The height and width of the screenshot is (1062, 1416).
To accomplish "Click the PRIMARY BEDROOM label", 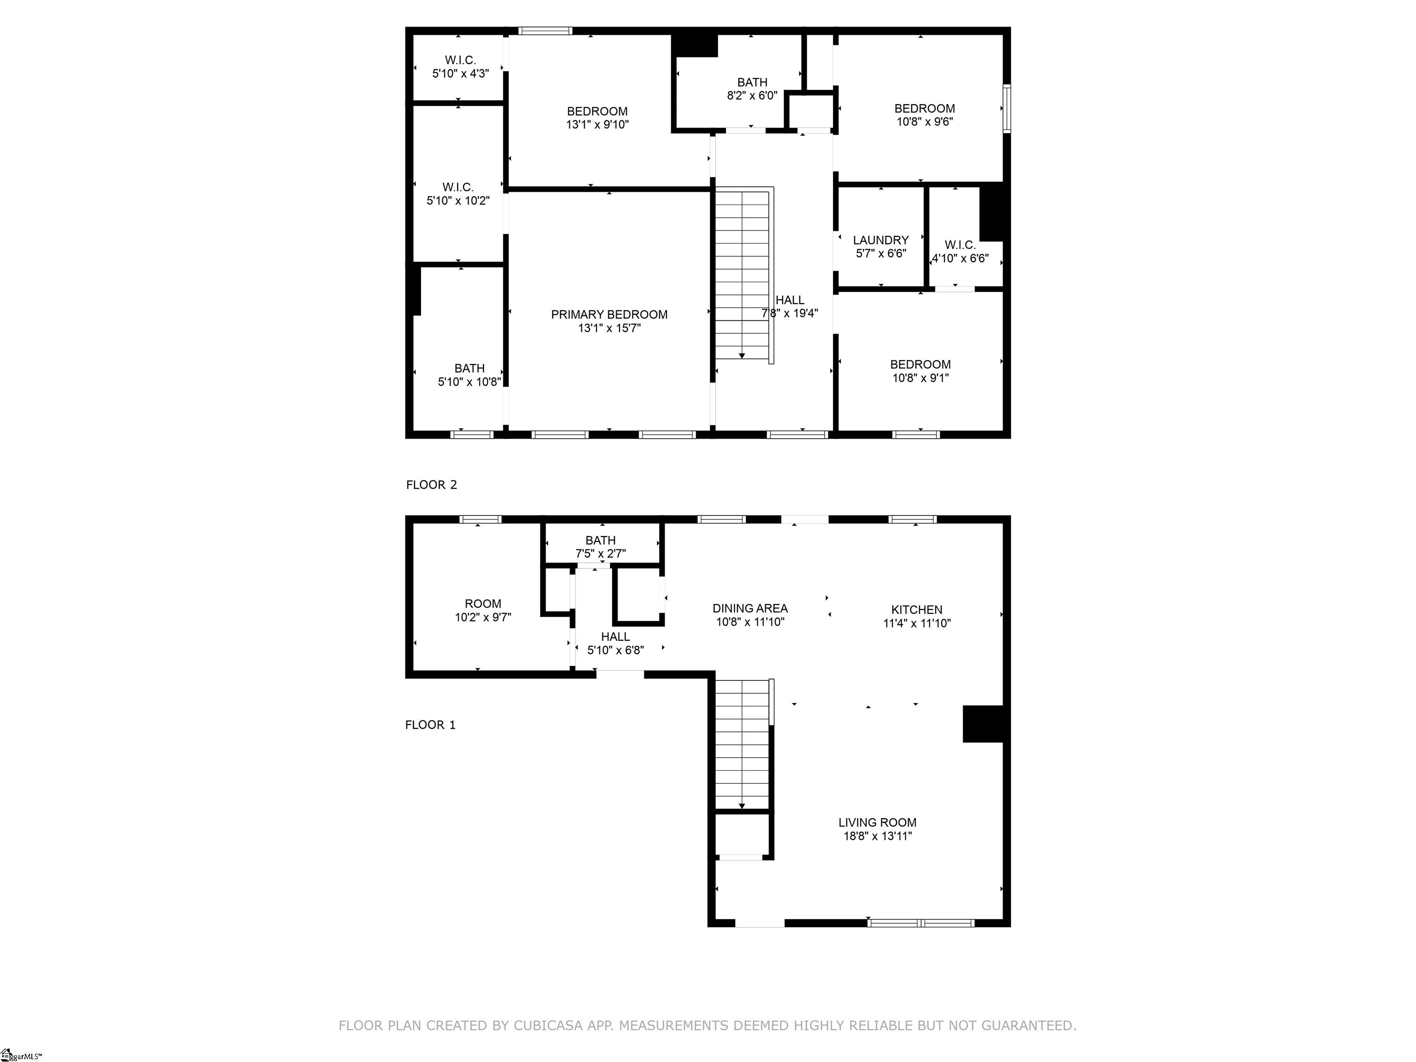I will pyautogui.click(x=609, y=314).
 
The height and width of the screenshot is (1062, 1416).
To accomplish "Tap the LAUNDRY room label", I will pyautogui.click(x=880, y=240).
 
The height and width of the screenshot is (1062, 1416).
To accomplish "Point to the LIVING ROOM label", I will pyautogui.click(x=877, y=823).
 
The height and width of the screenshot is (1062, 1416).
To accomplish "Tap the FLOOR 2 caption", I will pyautogui.click(x=431, y=484).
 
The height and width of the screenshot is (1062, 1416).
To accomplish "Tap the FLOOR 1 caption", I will pyautogui.click(x=430, y=725).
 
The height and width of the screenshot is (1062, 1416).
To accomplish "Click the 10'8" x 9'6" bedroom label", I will pyautogui.click(x=924, y=115).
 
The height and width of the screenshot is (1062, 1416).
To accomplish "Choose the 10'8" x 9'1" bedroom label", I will pyautogui.click(x=920, y=371).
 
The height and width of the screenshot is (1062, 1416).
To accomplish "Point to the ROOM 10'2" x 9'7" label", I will pyautogui.click(x=483, y=611).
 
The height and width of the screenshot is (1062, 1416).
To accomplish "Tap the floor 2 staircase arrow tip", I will pyautogui.click(x=741, y=356).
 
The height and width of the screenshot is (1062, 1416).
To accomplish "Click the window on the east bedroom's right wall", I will pyautogui.click(x=1006, y=108).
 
